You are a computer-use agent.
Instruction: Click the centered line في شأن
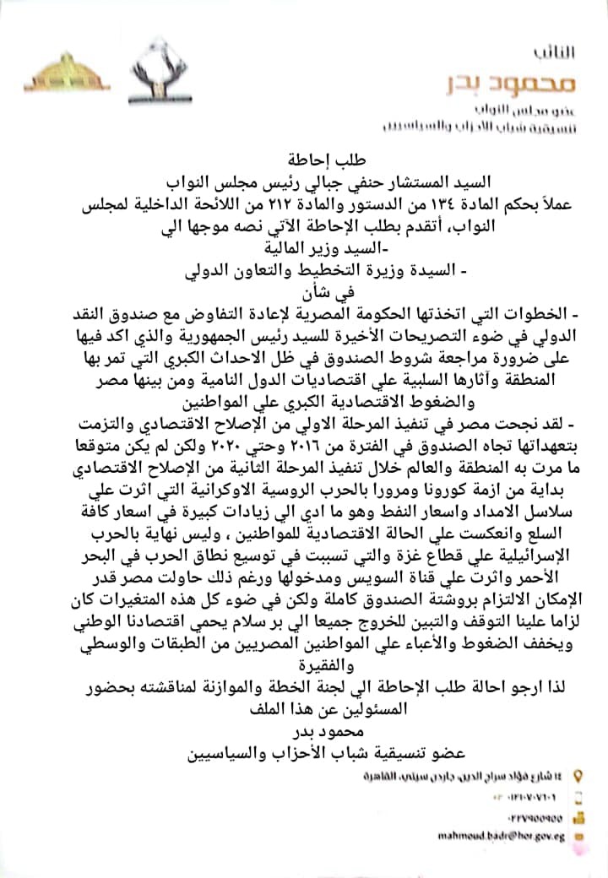point(304,295)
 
